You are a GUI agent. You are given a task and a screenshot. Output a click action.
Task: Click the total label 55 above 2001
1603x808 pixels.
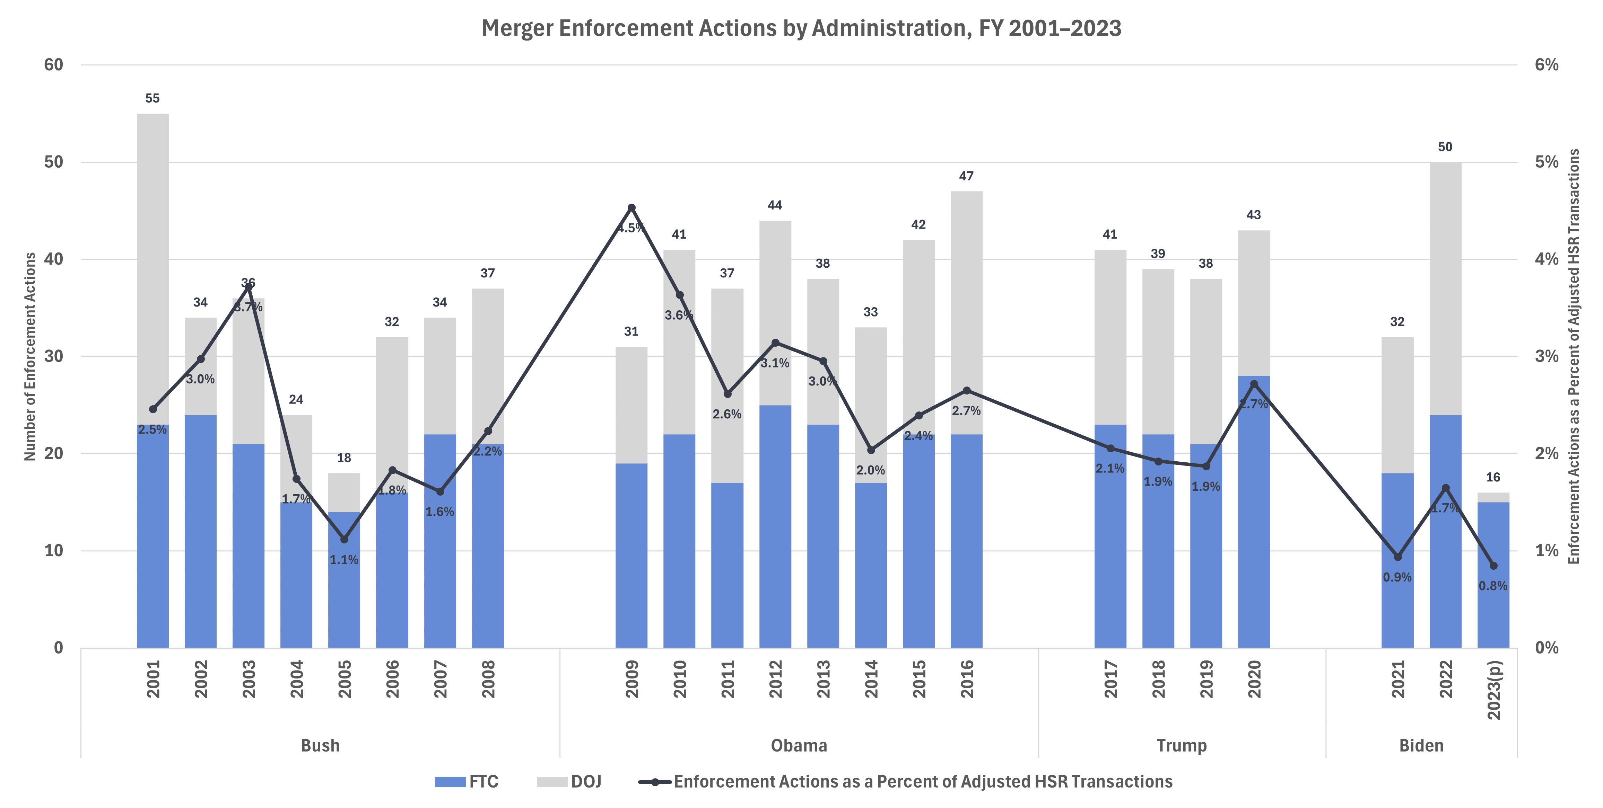pos(153,98)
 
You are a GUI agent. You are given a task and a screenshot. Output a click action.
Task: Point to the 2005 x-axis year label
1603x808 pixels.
pos(344,679)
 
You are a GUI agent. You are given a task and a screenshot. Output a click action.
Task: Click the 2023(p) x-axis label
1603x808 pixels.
pos(1493,689)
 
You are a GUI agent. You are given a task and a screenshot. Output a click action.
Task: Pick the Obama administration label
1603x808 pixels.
pos(799,745)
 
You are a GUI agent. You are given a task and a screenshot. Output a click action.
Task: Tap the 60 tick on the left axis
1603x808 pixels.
pos(54,65)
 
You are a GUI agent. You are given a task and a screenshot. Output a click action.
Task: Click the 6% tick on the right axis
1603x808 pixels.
pos(1547,65)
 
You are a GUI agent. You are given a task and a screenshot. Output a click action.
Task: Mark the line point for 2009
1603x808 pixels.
pos(631,208)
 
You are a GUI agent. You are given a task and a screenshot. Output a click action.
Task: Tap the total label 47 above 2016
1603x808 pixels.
pos(966,176)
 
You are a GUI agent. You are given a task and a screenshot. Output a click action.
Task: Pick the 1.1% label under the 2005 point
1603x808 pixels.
pos(344,560)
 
